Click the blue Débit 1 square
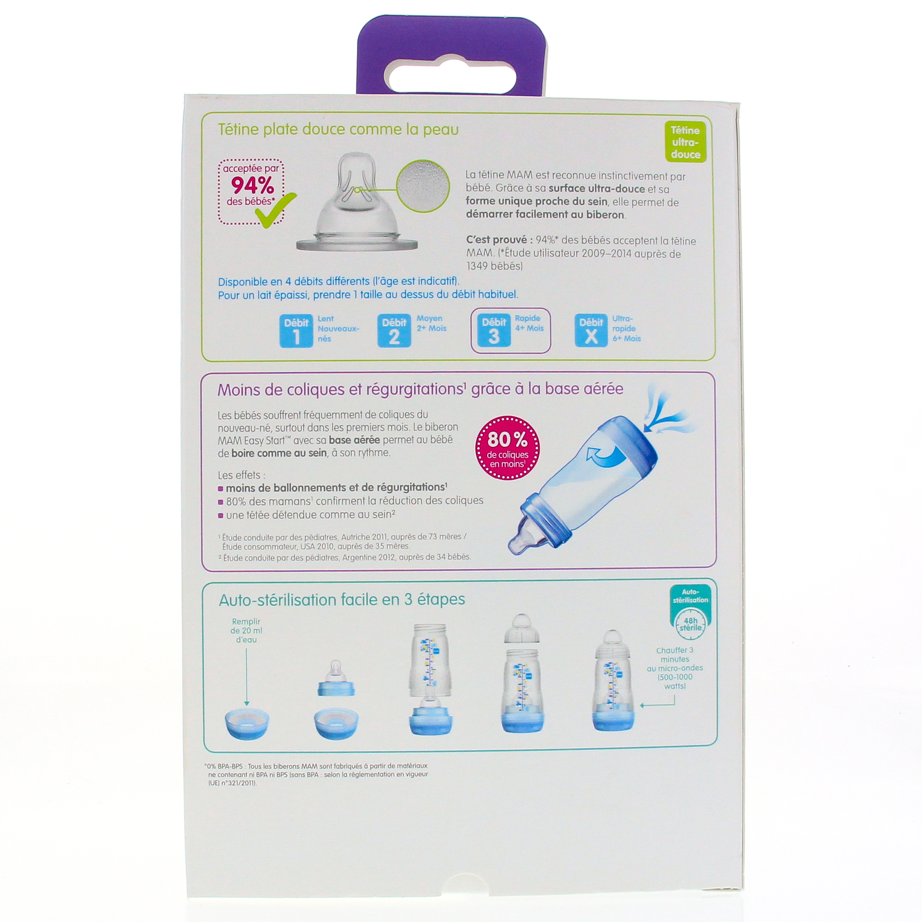tap(296, 331)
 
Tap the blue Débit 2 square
tap(394, 331)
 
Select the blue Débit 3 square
tap(494, 331)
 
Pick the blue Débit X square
tap(591, 331)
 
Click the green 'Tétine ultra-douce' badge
tap(685, 142)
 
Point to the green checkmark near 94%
tap(275, 210)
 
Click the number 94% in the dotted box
tap(253, 185)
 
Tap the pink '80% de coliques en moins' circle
tap(507, 448)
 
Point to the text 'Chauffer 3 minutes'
tap(675, 654)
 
